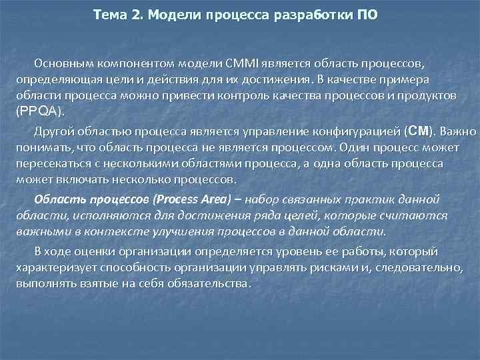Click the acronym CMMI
pos(227,64)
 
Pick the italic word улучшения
pos(181,231)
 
